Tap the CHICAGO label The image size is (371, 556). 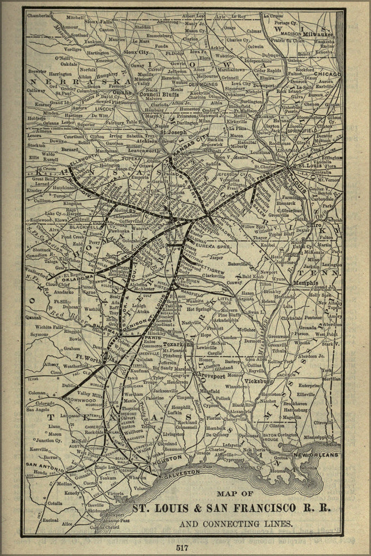pyautogui.click(x=327, y=73)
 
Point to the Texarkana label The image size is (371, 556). pyautogui.click(x=177, y=344)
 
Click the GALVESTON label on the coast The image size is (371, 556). pyautogui.click(x=181, y=471)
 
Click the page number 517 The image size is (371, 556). pyautogui.click(x=183, y=547)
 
